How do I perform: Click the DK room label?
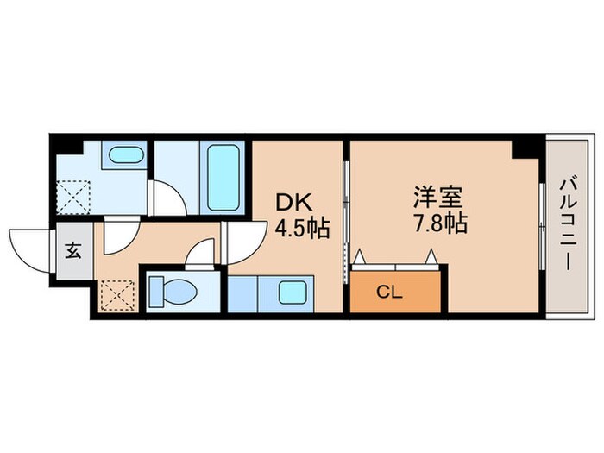click(x=289, y=201)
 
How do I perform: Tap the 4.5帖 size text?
click(x=301, y=230)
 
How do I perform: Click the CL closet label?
click(x=389, y=292)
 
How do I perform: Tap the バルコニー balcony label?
click(x=566, y=224)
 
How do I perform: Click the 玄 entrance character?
click(x=73, y=252)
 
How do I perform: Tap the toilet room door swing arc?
click(x=199, y=253)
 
